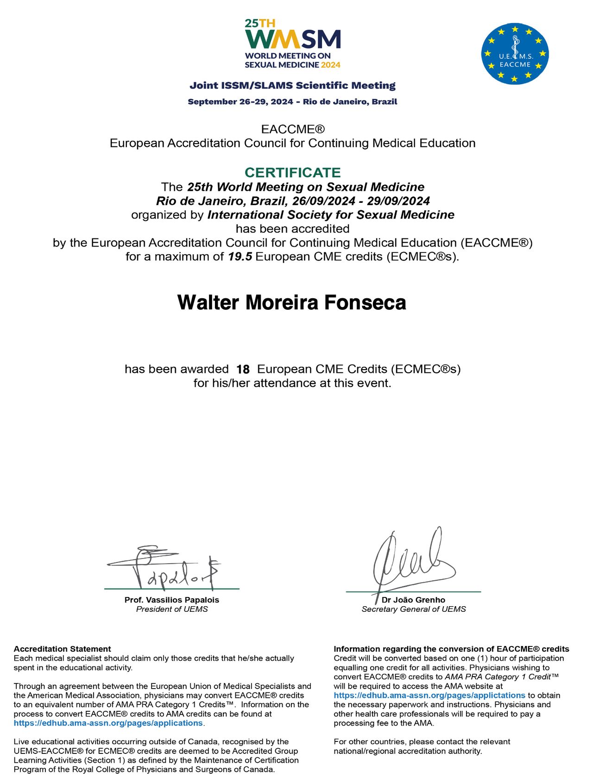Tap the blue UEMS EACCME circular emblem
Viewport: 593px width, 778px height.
tap(515, 54)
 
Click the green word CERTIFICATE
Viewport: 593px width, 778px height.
tap(292, 172)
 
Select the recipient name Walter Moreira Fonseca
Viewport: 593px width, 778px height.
tap(292, 302)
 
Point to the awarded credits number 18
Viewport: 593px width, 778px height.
tap(243, 369)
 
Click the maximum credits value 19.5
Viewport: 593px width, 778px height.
tap(240, 257)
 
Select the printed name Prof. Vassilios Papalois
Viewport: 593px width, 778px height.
tap(172, 600)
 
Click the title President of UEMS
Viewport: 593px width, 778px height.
tap(172, 609)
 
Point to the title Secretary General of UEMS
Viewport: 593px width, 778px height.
tap(414, 609)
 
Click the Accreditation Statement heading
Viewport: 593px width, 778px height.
tap(63, 649)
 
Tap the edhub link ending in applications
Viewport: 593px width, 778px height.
tap(108, 723)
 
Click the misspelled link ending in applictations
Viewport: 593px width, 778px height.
tap(429, 695)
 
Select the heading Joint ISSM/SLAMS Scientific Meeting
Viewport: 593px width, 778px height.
tap(292, 85)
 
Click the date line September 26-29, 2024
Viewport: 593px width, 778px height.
tap(292, 101)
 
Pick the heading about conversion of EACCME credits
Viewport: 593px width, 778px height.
tap(451, 649)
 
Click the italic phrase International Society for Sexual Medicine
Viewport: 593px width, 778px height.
tap(331, 215)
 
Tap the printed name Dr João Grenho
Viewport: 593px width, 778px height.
tap(413, 600)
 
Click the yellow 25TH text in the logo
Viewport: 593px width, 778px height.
tap(253, 23)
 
